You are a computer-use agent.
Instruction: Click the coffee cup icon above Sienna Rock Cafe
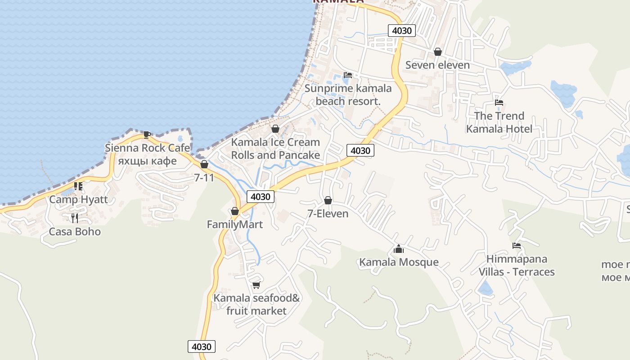147,134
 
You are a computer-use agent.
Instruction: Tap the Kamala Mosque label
399,262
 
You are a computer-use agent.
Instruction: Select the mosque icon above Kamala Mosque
399,249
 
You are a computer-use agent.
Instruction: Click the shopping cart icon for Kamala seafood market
256,284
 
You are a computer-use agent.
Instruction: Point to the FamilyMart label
234,224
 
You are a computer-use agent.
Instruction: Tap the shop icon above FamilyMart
234,211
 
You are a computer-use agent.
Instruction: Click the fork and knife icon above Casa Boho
75,218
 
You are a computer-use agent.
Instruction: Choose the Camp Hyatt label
79,199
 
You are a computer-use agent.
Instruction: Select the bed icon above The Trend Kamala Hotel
499,103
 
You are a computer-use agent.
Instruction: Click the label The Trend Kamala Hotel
499,122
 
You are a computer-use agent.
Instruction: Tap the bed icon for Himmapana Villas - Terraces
517,246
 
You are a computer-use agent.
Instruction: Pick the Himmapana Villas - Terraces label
517,265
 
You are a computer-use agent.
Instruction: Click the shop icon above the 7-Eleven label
328,200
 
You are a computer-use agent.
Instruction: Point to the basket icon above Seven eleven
438,52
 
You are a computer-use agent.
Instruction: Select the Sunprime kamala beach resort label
348,94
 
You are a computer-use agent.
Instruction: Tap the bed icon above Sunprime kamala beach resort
348,75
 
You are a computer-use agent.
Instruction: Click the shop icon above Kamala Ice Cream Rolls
275,129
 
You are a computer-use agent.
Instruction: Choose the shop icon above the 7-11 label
204,165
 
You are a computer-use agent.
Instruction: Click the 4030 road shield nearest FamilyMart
260,197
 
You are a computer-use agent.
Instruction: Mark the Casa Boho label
75,232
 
